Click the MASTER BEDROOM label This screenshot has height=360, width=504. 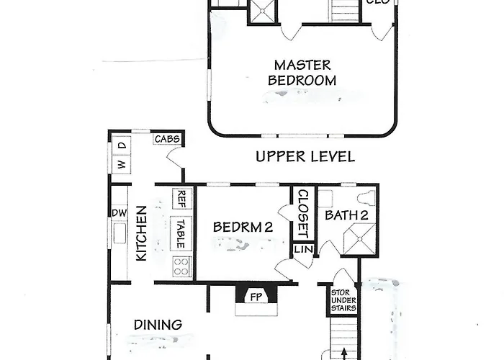coord(302,73)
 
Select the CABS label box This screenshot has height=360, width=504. coord(166,139)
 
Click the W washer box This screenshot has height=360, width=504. coord(121,164)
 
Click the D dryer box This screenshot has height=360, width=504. coord(121,145)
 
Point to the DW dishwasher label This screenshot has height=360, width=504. coord(119,212)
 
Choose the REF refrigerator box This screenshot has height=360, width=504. coord(182,198)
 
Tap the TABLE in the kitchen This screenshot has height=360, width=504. coord(181,233)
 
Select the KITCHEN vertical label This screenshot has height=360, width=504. coord(142,233)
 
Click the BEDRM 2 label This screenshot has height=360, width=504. coord(243,228)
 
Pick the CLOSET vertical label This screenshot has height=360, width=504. coord(302,214)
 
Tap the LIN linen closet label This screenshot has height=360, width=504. coord(302,249)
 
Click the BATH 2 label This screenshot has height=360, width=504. coord(347,215)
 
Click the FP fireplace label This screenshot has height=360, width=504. coord(255,295)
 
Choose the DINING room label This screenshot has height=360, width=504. coord(158,325)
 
